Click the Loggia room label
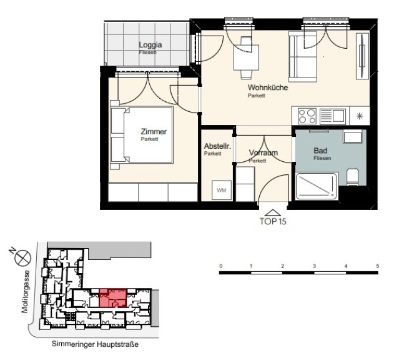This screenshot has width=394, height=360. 150,45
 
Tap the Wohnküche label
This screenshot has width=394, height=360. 268,87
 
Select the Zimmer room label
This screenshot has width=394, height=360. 154,131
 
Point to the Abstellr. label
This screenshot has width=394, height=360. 217,146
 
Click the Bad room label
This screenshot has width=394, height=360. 320,151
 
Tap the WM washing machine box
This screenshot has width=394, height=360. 222,190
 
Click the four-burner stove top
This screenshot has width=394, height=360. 307,116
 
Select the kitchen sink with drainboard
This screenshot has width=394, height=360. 332,116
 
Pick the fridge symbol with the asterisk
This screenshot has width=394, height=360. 360,116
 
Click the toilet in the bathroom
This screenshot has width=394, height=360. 352,177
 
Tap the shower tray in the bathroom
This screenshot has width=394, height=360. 317,186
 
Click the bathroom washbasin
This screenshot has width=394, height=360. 353,136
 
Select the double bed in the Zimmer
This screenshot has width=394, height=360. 142,135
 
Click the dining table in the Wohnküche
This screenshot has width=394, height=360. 246,57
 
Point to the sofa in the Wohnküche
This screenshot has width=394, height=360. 303,57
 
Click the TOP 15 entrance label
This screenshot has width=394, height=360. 273,221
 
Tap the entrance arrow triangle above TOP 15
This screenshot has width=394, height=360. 273,213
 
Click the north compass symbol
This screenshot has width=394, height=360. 22,258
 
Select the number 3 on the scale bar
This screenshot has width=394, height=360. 314,266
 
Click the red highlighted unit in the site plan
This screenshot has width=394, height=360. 113,298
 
